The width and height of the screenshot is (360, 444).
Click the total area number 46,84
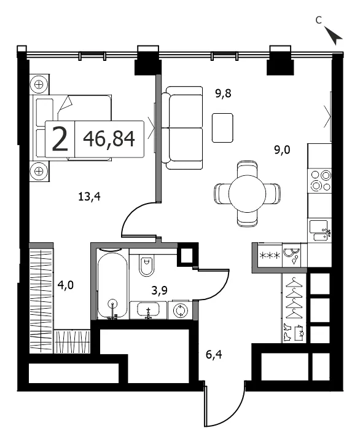pos(109,139)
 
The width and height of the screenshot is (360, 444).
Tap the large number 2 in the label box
pos(60,139)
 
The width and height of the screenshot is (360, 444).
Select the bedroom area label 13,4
pos(89,196)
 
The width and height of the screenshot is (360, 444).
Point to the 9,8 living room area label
pos(223,93)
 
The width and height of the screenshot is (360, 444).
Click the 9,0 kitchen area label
pos(282,149)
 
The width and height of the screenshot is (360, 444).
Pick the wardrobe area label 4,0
pos(65,285)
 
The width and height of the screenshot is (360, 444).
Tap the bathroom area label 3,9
pos(160,290)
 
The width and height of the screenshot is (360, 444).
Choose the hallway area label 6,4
pos(214,354)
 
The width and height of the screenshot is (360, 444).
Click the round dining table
pos(247,194)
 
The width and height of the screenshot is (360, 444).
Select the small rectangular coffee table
pos(222,128)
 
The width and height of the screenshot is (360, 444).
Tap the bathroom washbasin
pos(148,310)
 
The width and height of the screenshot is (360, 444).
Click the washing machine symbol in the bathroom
pos(180,311)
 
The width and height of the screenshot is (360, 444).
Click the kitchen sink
pos(319,231)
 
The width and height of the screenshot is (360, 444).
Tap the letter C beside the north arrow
pos(319,20)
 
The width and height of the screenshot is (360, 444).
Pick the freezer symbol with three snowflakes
pos(270,256)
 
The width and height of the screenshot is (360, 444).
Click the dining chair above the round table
pos(247,168)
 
